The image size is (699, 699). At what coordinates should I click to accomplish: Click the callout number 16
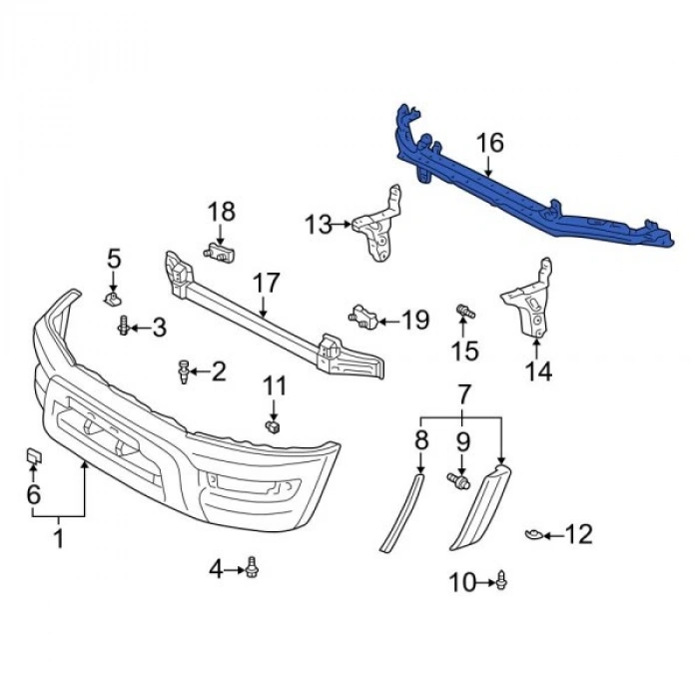pos(489,143)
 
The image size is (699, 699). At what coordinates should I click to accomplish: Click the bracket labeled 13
pos(379,228)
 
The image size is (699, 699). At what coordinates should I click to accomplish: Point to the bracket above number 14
pos(530,300)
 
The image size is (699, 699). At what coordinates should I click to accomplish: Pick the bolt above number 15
pos(464,313)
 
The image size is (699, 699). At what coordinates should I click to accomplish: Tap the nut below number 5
pos(114,298)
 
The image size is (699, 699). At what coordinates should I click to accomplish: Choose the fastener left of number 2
pos(183,371)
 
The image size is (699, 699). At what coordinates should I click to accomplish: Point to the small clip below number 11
pos(272,427)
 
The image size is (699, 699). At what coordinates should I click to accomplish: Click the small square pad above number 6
pos(33,457)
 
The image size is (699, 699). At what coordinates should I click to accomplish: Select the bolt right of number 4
pos(253,568)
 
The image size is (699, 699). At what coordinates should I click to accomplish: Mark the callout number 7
pos(463,394)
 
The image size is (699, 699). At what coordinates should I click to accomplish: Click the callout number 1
pos(58,539)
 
